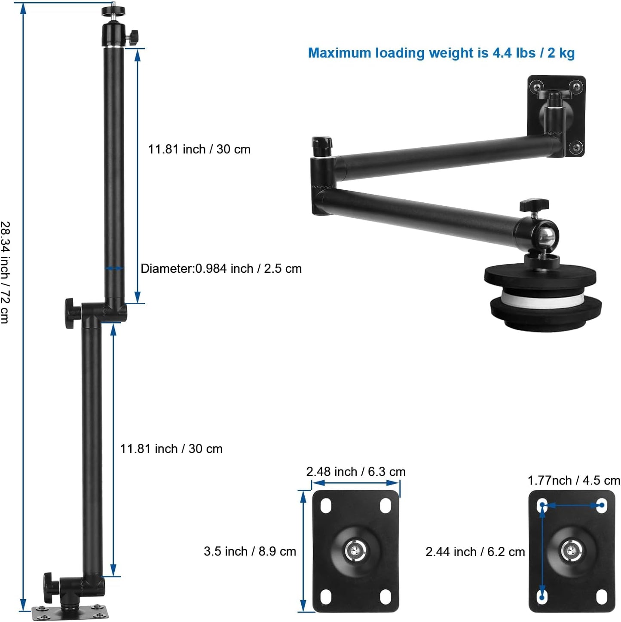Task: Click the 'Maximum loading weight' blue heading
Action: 441,53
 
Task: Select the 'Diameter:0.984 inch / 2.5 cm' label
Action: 221,268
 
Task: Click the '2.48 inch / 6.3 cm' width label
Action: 355,472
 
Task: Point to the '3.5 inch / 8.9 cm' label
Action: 250,551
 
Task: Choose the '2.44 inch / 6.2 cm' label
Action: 475,552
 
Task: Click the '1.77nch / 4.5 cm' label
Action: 573,480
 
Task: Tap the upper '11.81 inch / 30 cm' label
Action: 199,149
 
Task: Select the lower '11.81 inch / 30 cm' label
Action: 171,448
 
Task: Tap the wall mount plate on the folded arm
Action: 557,115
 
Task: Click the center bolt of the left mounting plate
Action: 355,550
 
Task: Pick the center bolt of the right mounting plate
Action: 571,550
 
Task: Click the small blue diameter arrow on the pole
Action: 114,268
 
